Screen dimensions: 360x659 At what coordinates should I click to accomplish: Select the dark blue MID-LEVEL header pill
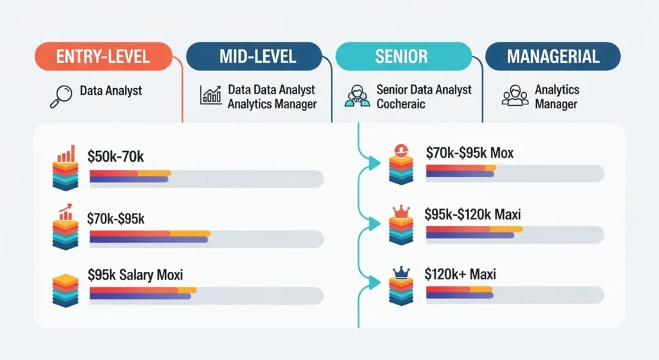(254, 56)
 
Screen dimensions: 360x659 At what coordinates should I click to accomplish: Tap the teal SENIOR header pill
(402, 56)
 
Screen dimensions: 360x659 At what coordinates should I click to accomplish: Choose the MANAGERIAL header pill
(553, 56)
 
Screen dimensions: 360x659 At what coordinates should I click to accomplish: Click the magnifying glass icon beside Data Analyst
(59, 97)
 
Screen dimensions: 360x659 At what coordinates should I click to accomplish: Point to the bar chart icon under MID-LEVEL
(210, 95)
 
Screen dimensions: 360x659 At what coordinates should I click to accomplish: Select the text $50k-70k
(116, 155)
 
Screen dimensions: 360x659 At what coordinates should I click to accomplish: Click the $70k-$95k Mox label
(469, 153)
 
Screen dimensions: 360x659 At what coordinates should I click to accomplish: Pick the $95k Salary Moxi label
(135, 275)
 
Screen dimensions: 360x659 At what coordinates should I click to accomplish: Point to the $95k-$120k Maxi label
(472, 214)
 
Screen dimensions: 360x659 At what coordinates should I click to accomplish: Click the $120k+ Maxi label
(460, 274)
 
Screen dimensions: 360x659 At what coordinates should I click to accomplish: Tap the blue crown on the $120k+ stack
(401, 273)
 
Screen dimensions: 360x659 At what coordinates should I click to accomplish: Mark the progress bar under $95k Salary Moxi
(206, 295)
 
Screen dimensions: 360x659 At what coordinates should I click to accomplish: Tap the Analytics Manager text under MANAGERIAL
(557, 97)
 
